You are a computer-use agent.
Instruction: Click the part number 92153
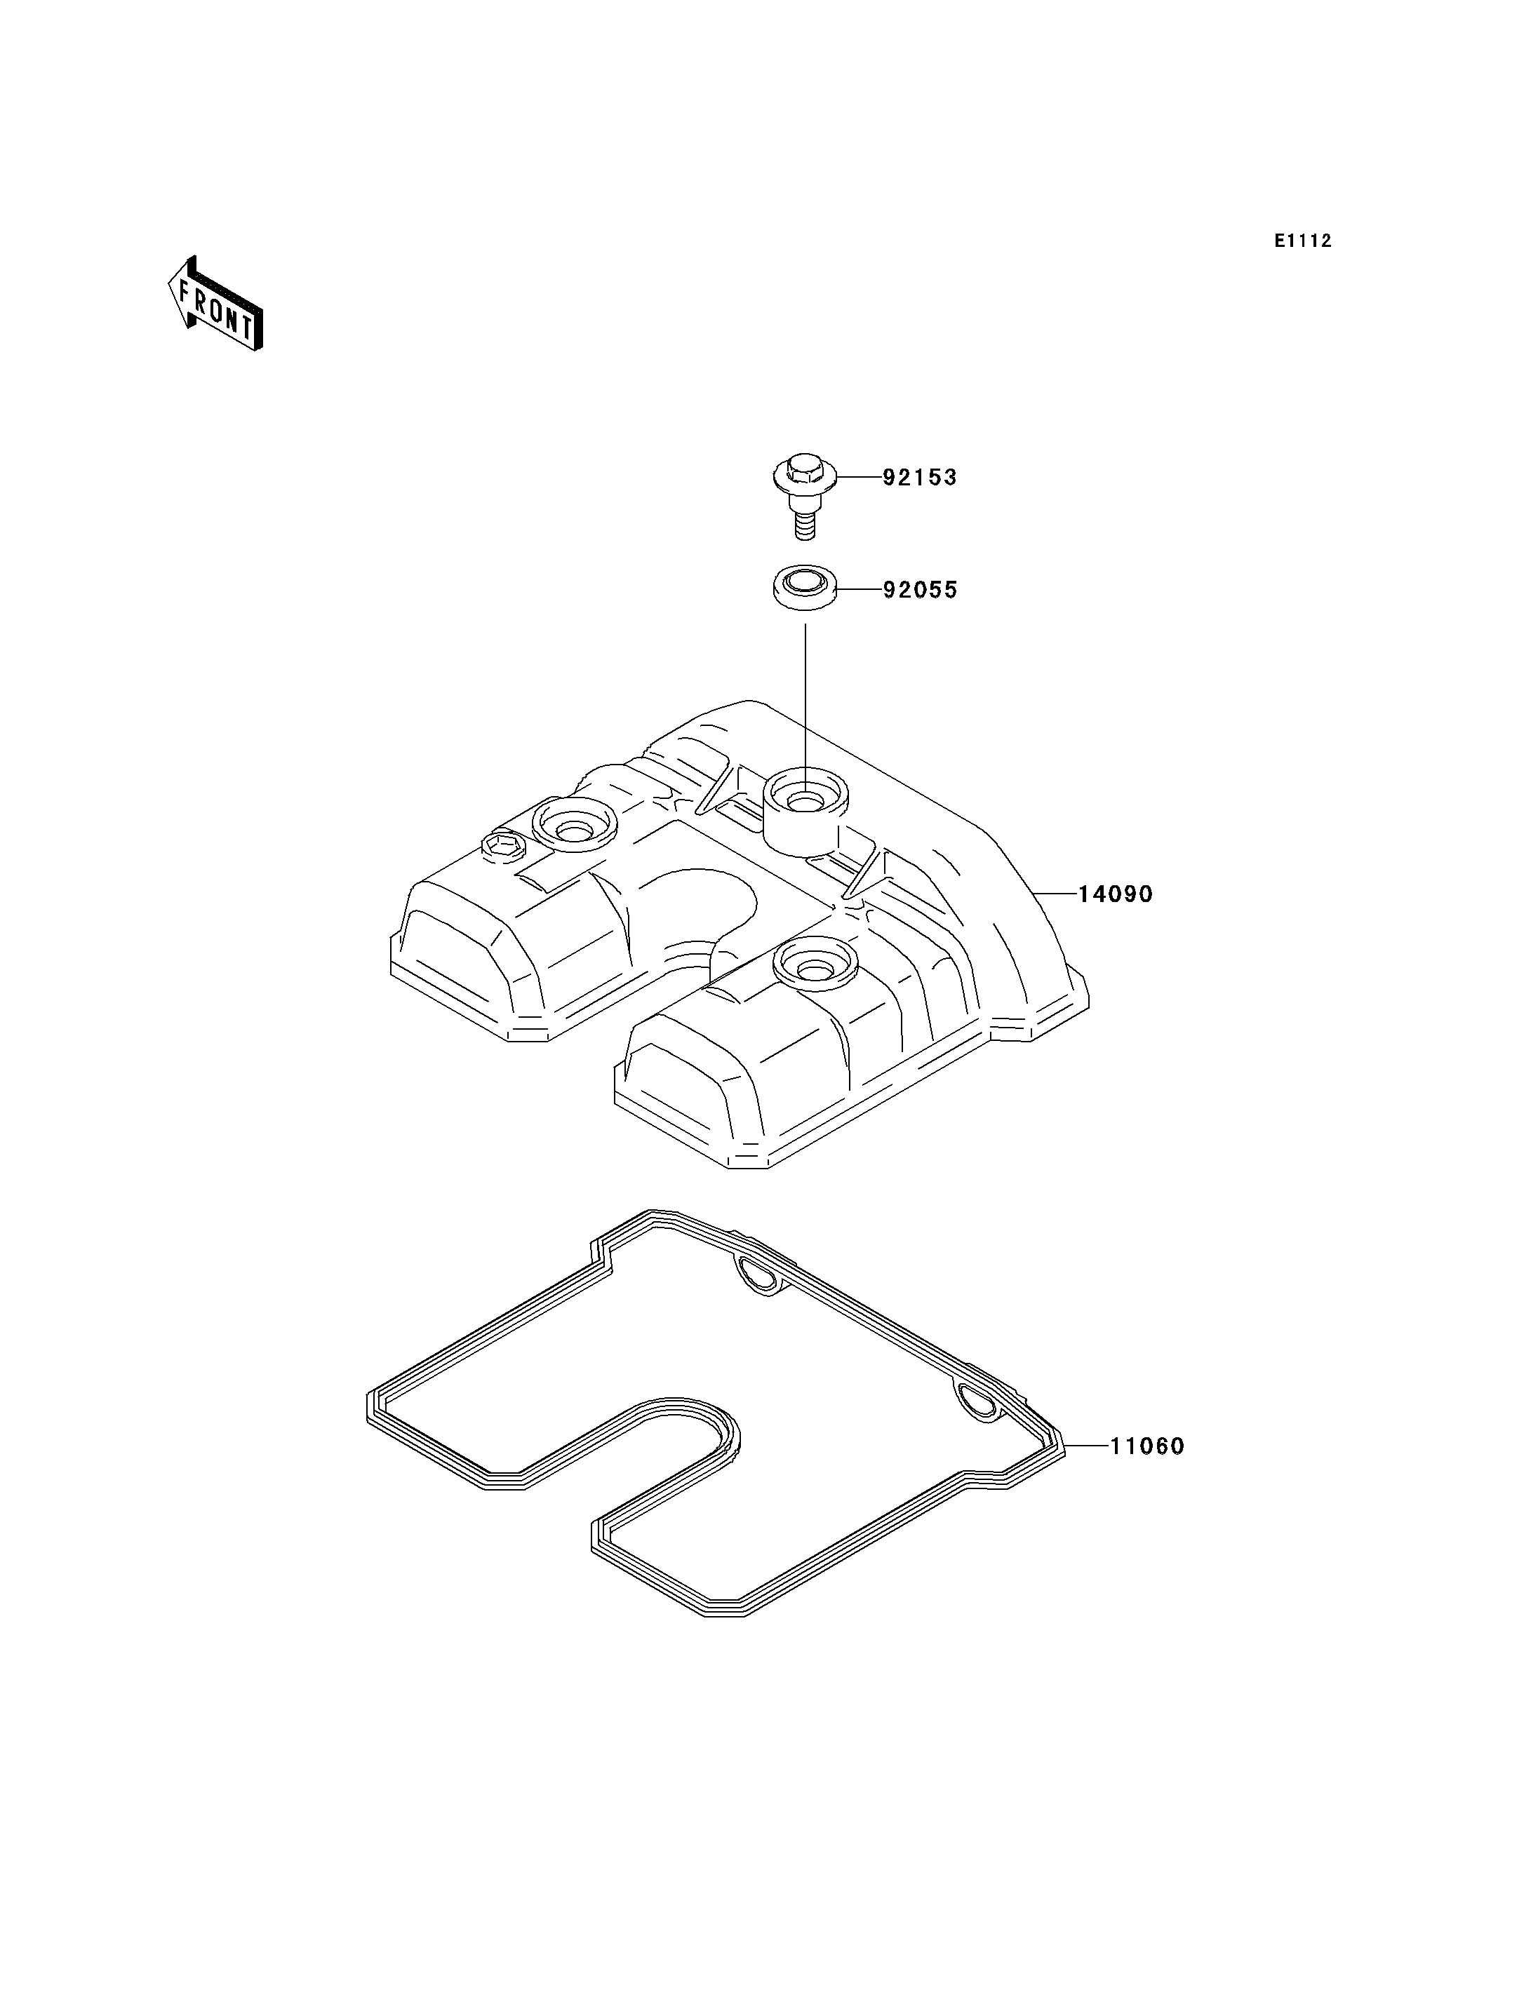point(919,477)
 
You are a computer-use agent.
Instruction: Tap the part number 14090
point(1115,894)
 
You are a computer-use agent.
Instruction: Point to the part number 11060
point(1148,1446)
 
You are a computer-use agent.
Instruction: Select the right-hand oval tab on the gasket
point(979,1402)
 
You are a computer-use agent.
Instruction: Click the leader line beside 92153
point(858,477)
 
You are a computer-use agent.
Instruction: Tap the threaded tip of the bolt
point(805,528)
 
